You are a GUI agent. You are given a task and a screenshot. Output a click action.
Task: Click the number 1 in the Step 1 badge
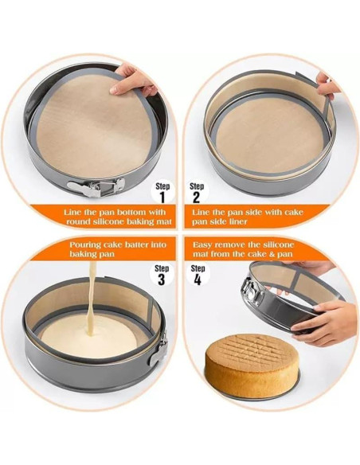click(162, 197)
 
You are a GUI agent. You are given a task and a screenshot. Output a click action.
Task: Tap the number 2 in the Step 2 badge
click(196, 197)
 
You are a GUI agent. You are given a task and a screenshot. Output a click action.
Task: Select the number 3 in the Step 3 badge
click(162, 279)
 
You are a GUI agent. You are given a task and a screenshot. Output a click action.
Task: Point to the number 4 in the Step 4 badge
click(198, 279)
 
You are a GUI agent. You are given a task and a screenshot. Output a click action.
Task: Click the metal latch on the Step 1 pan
click(96, 187)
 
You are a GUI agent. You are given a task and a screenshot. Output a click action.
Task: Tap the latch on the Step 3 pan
click(158, 350)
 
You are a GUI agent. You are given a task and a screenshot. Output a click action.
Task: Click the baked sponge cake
click(252, 366)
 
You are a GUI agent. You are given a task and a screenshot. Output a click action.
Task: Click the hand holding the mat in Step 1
click(134, 80)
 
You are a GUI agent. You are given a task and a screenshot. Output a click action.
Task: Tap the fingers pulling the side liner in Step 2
click(327, 85)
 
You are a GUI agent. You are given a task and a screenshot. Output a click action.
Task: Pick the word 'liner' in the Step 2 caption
click(237, 221)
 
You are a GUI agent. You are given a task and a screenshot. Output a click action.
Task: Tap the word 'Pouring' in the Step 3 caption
click(85, 245)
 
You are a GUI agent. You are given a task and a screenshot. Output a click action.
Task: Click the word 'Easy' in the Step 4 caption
click(202, 245)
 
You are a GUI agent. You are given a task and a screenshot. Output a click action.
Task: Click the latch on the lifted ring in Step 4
click(252, 291)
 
